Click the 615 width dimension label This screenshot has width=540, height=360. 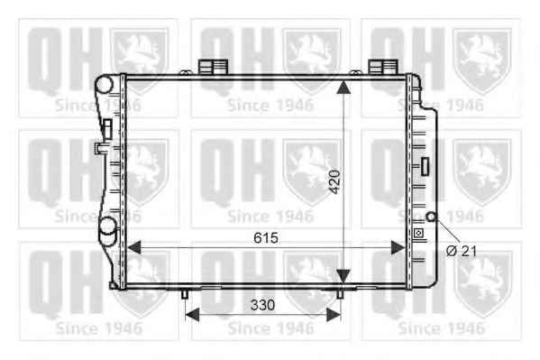pos(266,238)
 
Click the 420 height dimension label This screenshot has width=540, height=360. pos(334,181)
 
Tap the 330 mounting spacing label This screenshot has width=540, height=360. pos(262,305)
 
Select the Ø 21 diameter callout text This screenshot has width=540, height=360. pos(462,252)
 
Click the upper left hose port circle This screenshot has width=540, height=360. pos(104,84)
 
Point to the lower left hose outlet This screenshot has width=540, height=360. pos(108,232)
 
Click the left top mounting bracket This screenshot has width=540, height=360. pos(213,67)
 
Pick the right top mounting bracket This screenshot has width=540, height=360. pos(383,67)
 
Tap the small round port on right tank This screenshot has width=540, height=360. pos(432,217)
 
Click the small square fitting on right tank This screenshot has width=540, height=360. pos(418,233)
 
